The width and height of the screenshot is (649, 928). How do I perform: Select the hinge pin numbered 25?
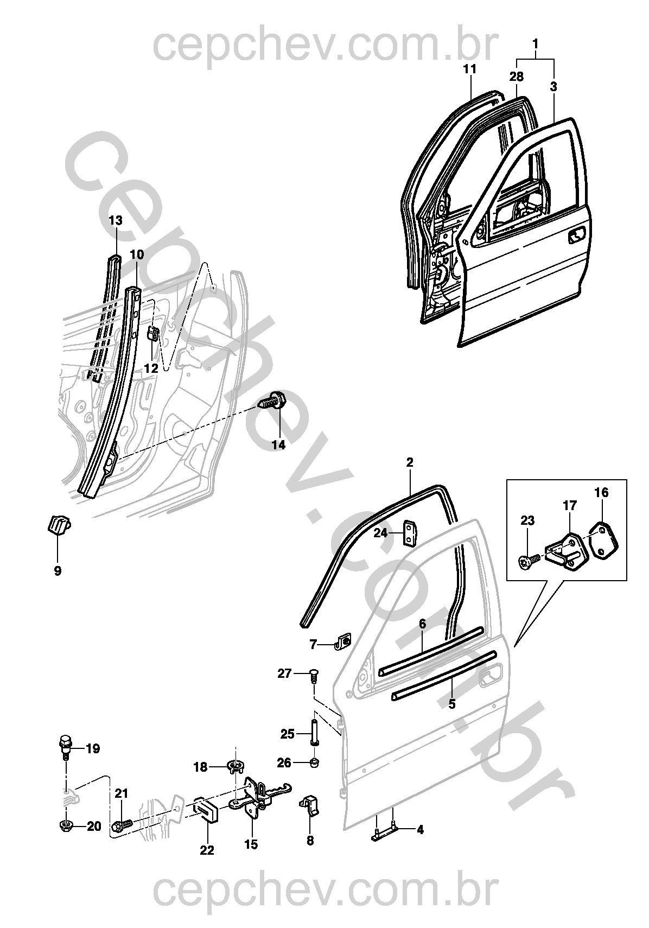click(314, 734)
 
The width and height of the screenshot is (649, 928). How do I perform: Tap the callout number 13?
click(116, 220)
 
